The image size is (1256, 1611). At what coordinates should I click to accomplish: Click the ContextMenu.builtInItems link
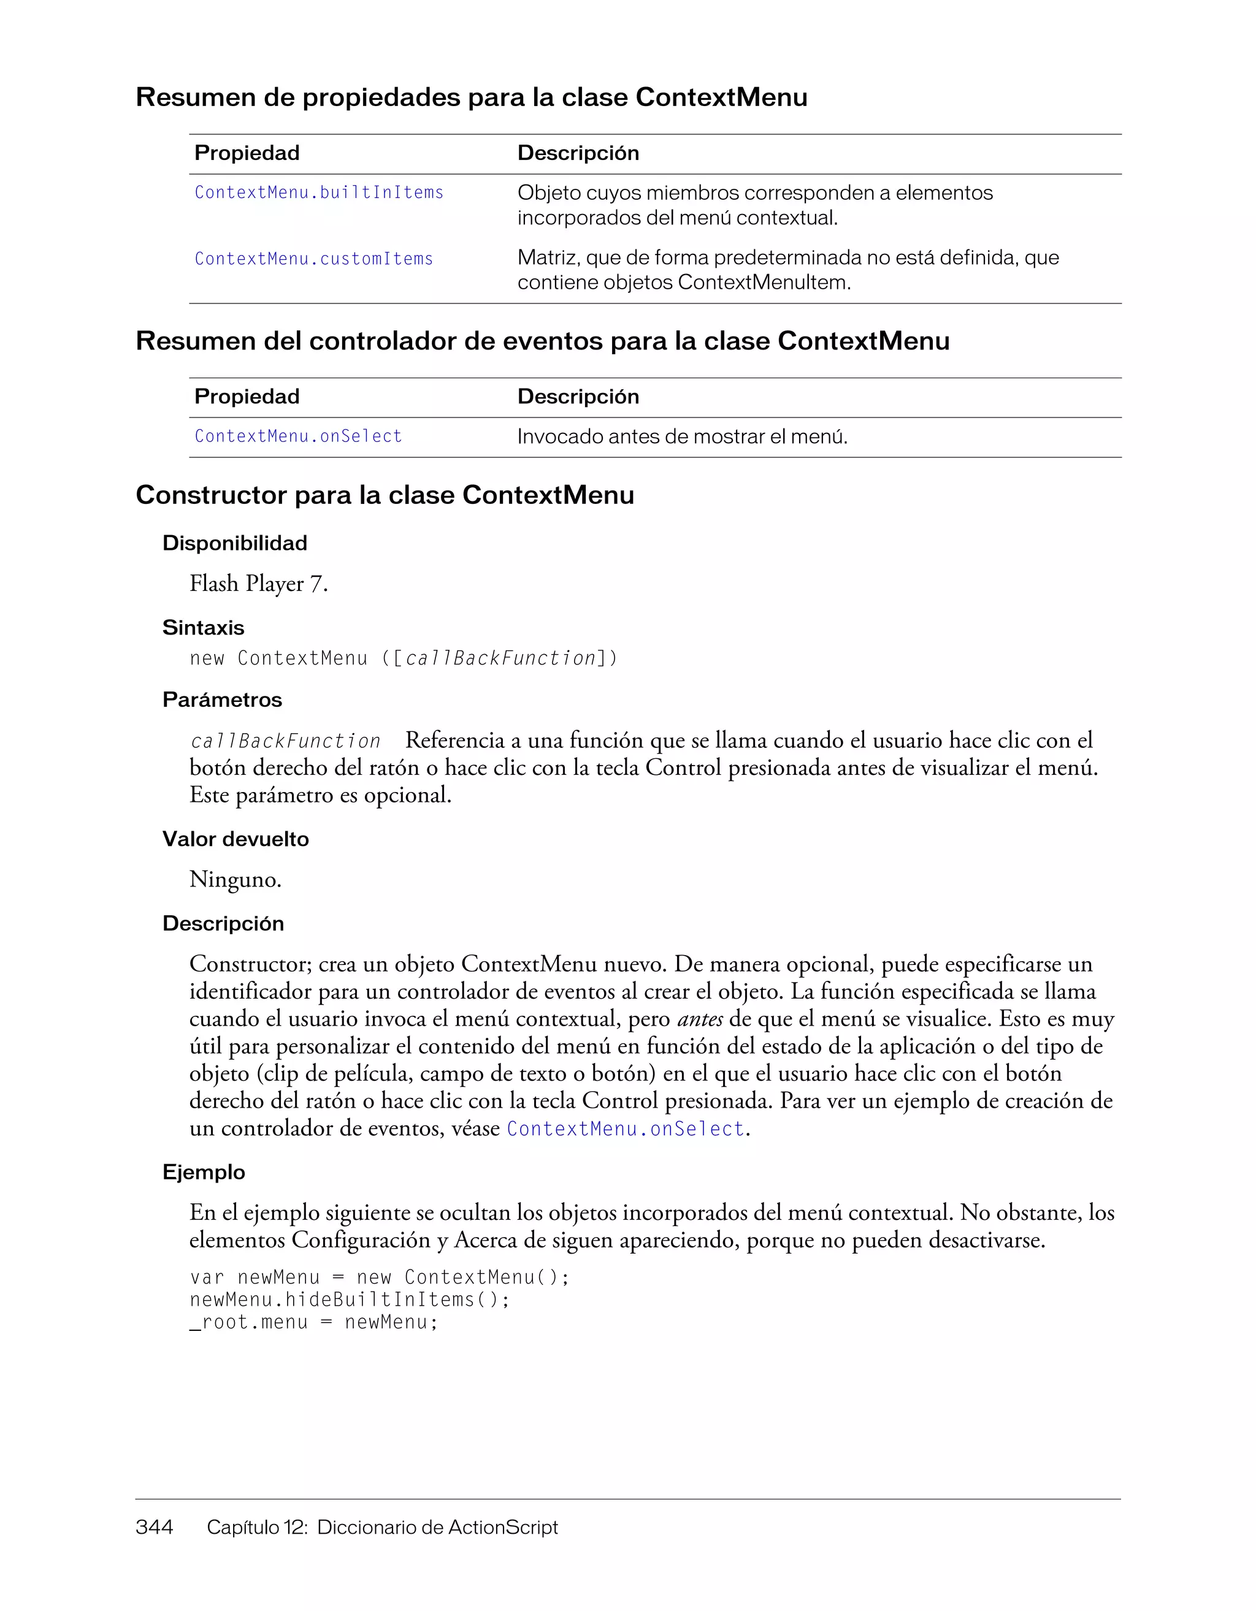coord(319,192)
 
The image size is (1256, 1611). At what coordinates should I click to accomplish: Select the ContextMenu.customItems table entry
coord(313,259)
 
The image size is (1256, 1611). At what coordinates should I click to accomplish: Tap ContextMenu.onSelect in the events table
coord(298,436)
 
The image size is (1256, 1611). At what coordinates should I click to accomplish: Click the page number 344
coord(154,1527)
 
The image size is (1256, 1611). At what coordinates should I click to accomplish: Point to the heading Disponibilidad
coord(235,543)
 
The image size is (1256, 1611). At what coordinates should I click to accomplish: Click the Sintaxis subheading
coord(203,628)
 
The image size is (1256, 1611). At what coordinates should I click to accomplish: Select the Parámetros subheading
coord(222,699)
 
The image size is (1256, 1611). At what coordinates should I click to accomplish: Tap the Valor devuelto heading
coord(235,839)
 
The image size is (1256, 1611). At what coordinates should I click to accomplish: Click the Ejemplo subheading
coord(204,1172)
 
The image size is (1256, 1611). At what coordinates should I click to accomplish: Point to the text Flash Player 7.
coord(258,584)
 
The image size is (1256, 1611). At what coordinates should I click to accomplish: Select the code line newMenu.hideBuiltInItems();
coord(350,1299)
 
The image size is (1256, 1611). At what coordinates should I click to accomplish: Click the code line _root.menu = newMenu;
coord(313,1322)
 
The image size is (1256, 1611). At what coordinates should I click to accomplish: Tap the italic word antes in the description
coord(700,1019)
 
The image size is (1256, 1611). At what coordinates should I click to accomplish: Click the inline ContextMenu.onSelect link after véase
coord(626,1129)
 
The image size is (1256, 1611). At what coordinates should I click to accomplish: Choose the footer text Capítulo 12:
coord(257,1527)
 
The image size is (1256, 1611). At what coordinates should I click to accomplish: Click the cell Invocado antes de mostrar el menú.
coord(682,436)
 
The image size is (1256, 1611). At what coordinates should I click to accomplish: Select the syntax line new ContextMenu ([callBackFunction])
coord(404,658)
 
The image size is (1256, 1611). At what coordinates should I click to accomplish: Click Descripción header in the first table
coord(578,153)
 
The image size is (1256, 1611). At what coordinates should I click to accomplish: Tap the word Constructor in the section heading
coord(211,495)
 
